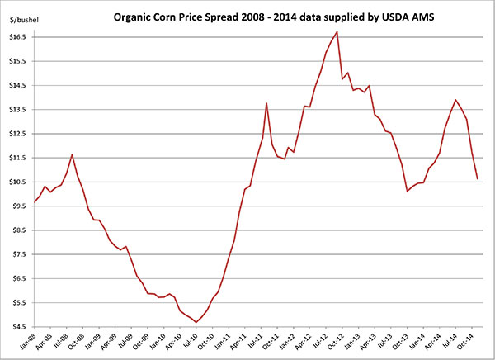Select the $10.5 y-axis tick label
(x=18, y=182)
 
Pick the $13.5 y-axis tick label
(x=18, y=110)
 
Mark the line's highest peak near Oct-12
(x=337, y=31)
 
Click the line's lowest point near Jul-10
(x=196, y=322)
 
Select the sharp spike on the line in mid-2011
(x=266, y=103)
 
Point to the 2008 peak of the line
(x=73, y=154)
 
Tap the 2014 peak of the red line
(x=456, y=100)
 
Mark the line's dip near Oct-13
(x=408, y=191)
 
